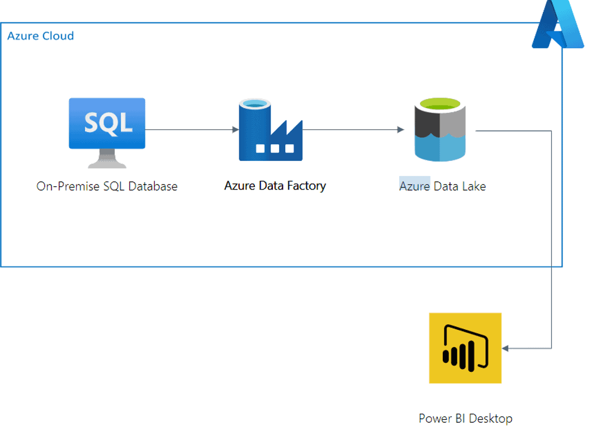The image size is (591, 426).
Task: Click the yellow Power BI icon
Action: tap(465, 348)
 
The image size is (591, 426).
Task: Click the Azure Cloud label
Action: tap(40, 36)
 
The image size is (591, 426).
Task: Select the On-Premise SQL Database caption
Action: tap(107, 186)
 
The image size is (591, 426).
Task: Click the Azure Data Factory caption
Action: tap(275, 186)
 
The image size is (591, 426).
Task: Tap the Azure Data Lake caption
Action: tap(442, 186)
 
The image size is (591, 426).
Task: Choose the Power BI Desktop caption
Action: tap(465, 418)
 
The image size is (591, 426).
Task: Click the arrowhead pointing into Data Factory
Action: tap(236, 130)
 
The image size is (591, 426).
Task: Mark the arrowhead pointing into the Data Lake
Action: tap(400, 130)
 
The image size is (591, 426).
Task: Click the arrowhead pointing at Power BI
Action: tap(505, 348)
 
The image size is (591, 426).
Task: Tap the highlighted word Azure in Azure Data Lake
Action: tap(414, 186)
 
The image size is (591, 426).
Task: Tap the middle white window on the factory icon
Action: tap(275, 149)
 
